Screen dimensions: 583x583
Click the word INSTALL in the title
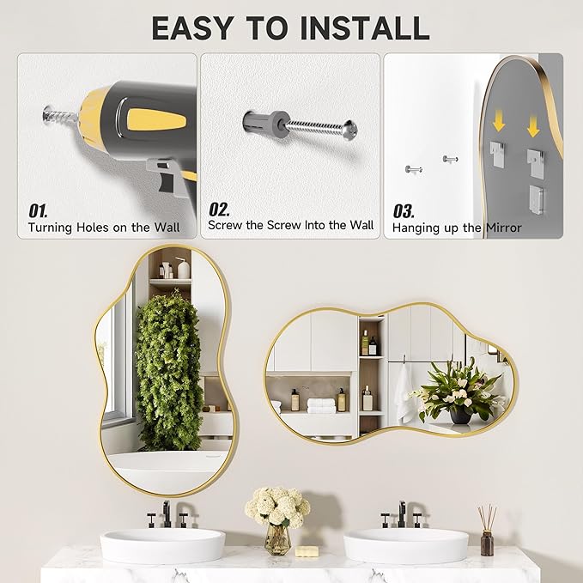click(364, 27)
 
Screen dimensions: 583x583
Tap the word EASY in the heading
click(192, 27)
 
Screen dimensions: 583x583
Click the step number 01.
click(38, 211)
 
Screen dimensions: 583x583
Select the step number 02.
click(219, 210)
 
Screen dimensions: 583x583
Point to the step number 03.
click(404, 211)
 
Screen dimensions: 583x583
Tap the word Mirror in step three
click(504, 228)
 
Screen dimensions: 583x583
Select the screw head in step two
click(350, 131)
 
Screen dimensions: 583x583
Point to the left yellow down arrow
click(498, 124)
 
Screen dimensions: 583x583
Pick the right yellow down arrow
click(533, 127)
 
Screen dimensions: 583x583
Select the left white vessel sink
click(162, 544)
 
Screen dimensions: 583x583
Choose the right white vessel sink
click(406, 544)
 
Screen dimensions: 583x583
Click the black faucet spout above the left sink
click(167, 513)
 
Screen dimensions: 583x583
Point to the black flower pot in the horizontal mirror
click(461, 416)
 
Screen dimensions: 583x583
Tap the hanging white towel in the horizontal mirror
click(403, 394)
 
